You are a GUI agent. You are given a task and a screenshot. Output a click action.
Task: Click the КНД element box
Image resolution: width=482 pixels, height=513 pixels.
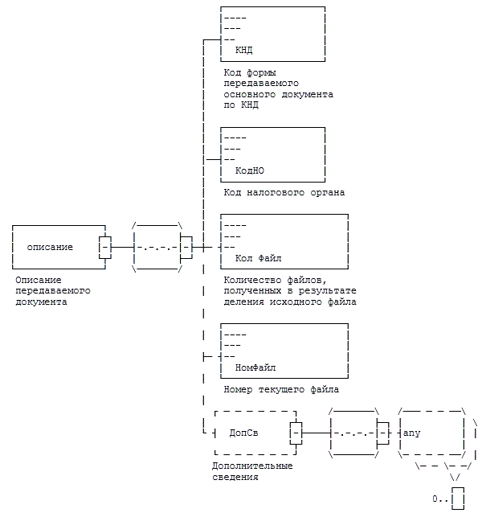(273, 34)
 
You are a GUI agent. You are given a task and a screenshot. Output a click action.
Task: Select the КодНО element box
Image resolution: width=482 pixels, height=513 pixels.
(273, 154)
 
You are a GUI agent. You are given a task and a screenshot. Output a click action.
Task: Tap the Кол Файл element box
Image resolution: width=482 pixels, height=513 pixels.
(284, 243)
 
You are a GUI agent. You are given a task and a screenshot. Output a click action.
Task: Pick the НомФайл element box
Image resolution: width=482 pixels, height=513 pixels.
(284, 351)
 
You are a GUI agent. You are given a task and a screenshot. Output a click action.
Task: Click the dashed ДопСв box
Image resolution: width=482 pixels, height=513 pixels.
(253, 433)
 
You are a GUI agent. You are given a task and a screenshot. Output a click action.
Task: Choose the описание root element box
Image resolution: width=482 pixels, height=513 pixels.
(60, 247)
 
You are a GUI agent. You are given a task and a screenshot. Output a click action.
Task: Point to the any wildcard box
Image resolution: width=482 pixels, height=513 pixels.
(431, 433)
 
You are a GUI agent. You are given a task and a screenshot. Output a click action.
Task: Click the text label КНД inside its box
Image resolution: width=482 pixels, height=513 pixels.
(243, 50)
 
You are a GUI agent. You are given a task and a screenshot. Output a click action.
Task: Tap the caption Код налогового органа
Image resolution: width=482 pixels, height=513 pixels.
(284, 193)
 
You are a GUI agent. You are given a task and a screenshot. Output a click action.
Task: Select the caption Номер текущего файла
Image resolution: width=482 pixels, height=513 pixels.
(281, 390)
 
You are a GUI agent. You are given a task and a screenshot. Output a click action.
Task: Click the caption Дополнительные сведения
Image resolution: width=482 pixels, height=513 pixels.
(251, 471)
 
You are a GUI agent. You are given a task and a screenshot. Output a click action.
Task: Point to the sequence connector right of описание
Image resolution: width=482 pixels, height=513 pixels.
(157, 247)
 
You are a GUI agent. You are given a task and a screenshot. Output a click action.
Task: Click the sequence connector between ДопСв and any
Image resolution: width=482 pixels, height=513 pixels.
(353, 433)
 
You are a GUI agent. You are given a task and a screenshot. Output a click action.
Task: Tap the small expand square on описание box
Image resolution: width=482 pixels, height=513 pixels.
(104, 247)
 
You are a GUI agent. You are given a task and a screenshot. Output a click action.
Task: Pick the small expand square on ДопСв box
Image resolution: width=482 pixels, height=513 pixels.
(296, 433)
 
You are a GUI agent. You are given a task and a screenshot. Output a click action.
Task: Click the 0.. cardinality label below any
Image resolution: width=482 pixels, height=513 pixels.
(439, 499)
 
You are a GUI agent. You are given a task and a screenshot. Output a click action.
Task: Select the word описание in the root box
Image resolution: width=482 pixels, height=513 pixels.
(50, 247)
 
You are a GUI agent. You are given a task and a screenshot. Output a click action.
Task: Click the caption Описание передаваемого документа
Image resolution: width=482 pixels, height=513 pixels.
(52, 291)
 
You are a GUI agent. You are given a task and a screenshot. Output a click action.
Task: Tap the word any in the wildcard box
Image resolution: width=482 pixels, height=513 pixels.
(411, 433)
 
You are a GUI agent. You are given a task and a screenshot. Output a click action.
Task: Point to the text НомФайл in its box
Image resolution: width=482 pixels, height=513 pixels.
(255, 367)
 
